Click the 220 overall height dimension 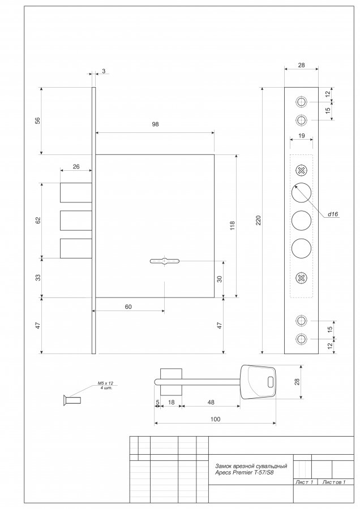click(259, 221)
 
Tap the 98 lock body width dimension click(155, 124)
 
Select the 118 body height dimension click(232, 226)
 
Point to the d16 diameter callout click(333, 214)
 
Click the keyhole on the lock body click(164, 261)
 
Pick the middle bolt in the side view click(76, 221)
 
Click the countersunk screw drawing click(71, 400)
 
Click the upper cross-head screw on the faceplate click(302, 170)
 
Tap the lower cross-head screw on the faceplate click(302, 278)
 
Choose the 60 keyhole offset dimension click(128, 307)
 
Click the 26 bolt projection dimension click(76, 167)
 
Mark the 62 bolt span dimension click(38, 220)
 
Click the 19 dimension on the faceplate click(302, 136)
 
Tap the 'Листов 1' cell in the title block click(334, 482)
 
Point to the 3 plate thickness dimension click(104, 71)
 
